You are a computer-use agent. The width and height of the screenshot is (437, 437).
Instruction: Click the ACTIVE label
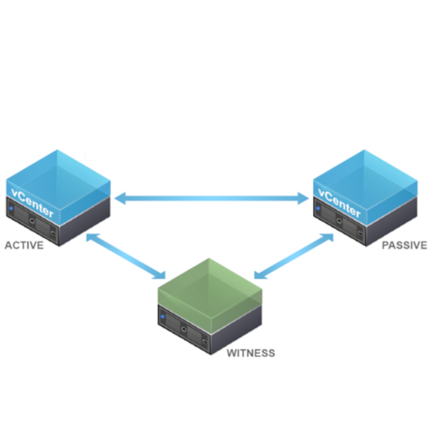(x=24, y=245)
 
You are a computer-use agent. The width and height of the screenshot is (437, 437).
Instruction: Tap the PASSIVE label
(x=404, y=245)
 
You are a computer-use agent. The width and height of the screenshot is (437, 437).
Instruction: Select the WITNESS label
(x=251, y=353)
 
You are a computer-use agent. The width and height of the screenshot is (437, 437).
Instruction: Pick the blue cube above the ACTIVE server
(x=60, y=175)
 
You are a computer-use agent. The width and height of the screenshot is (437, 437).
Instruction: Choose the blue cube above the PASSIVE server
(x=366, y=175)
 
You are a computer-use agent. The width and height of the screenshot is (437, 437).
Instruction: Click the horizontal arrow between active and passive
(x=212, y=198)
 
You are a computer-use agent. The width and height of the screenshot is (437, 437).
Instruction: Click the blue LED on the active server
(x=11, y=208)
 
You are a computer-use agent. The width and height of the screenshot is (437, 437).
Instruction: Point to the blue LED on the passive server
(x=317, y=208)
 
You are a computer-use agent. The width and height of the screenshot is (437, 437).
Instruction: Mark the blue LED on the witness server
(x=163, y=316)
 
